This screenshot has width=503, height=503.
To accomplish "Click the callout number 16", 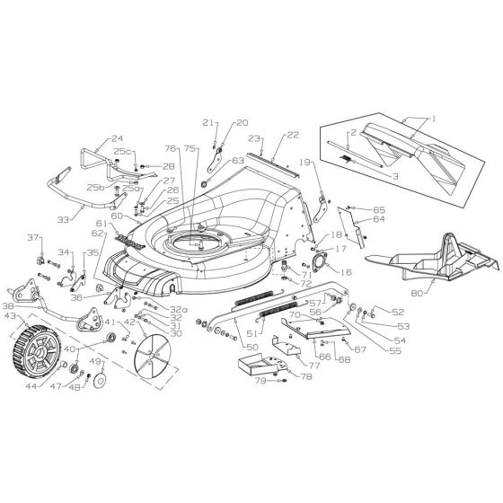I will coord(348,269).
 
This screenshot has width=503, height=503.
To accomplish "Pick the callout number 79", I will coord(260,381).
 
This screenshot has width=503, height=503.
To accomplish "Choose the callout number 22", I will coord(292,135).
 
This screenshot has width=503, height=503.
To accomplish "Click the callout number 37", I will coord(35,237).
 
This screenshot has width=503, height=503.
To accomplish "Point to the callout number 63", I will coord(238,161).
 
